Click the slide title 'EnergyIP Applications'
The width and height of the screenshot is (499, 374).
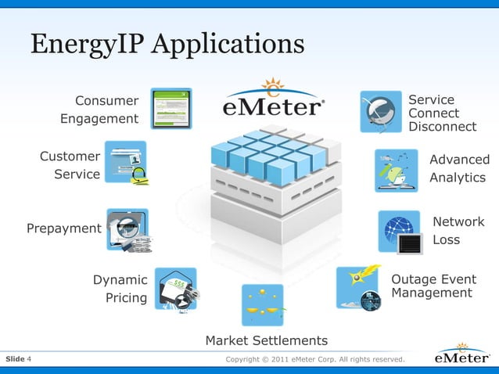pyautogui.click(x=167, y=45)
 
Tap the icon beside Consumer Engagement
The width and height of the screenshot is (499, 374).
pyautogui.click(x=171, y=108)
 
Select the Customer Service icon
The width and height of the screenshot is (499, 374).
pyautogui.click(x=126, y=163)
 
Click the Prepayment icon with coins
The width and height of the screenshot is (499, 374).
pyautogui.click(x=128, y=229)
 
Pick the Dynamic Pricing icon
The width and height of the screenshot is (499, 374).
pyautogui.click(x=176, y=289)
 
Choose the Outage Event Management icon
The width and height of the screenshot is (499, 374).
pyautogui.click(x=357, y=287)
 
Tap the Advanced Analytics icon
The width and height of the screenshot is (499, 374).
pyautogui.click(x=396, y=170)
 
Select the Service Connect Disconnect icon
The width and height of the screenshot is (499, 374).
pyautogui.click(x=382, y=111)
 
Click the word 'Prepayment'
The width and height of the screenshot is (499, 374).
pyautogui.click(x=64, y=228)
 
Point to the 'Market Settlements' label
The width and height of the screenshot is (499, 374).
pyautogui.click(x=266, y=340)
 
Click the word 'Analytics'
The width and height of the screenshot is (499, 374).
pyautogui.click(x=458, y=178)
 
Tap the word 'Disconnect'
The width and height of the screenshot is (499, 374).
pyautogui.click(x=442, y=127)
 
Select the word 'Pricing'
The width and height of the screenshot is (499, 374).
pyautogui.click(x=126, y=297)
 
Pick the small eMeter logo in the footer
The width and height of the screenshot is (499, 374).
pyautogui.click(x=463, y=358)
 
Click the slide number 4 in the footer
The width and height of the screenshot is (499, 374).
pyautogui.click(x=29, y=359)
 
